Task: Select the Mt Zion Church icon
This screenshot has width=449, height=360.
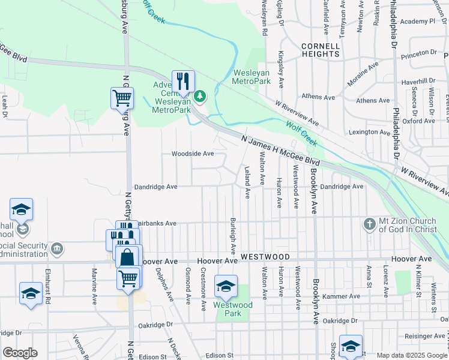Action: pyautogui.click(x=370, y=225)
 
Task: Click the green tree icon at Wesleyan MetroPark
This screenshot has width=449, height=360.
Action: pyautogui.click(x=200, y=95)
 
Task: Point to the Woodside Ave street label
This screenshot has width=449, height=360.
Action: pyautogui.click(x=193, y=154)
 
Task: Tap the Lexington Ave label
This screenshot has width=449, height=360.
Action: pyautogui.click(x=370, y=132)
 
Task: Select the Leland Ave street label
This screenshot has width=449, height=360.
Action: pyautogui.click(x=247, y=182)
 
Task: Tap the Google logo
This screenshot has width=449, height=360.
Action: pyautogui.click(x=20, y=353)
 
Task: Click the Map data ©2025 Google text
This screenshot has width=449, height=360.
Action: pyautogui.click(x=411, y=355)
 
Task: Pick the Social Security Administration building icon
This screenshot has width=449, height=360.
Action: pyautogui.click(x=57, y=248)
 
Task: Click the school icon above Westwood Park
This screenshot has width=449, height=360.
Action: pyautogui.click(x=226, y=286)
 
